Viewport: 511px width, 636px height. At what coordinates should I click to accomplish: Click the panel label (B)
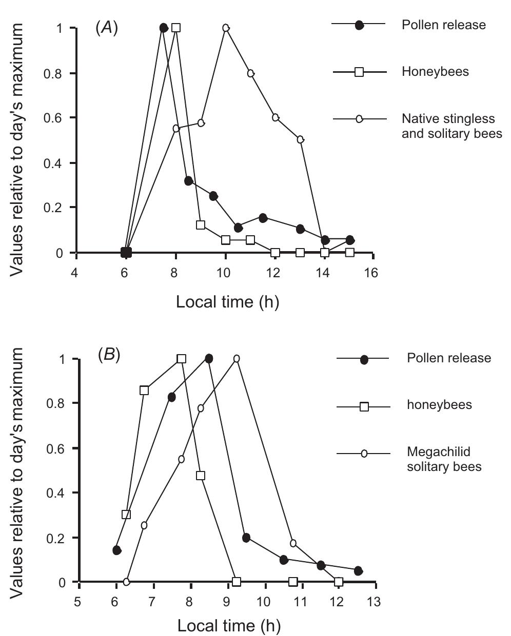coord(109,355)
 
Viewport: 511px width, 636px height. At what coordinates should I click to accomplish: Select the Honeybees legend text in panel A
coord(435,72)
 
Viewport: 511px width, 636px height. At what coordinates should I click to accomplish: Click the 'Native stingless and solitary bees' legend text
coord(451,126)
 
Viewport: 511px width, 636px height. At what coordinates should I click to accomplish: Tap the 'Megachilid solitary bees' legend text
coord(444,459)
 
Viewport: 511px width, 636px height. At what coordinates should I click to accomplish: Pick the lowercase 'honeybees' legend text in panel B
coord(439,405)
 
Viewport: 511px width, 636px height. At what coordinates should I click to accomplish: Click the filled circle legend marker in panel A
coord(359,25)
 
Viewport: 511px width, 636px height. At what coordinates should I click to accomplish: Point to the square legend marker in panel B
coord(364,406)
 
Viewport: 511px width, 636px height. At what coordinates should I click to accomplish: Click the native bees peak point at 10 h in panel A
coord(226,28)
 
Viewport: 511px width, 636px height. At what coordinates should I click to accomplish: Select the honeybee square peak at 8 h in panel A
coord(176,28)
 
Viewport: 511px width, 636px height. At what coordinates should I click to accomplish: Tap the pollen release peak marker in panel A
coord(164,28)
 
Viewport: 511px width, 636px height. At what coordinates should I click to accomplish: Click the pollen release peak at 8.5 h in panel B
coord(208,359)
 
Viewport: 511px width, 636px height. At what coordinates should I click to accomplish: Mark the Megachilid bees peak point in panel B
coord(237,359)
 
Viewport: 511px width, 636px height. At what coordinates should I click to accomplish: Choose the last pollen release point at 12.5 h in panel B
coord(358,571)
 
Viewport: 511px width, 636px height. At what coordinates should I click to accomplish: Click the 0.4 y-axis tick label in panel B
coord(57,493)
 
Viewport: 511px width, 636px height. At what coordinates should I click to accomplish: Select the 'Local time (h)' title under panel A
coord(227,301)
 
